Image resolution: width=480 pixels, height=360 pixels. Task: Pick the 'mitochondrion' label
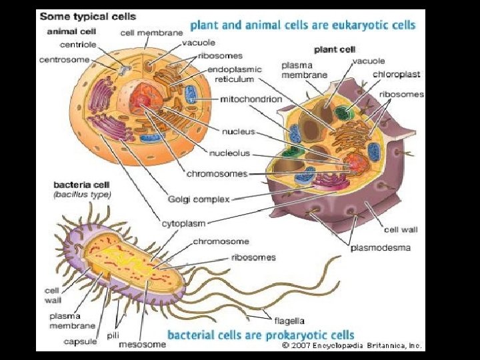[x=245, y=99]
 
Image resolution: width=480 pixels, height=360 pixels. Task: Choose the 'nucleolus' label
[x=230, y=153]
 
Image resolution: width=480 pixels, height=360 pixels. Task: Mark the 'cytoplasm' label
[x=187, y=223]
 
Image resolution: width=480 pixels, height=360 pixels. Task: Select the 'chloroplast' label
[x=396, y=74]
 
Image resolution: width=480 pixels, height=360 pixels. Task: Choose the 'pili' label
[x=113, y=335]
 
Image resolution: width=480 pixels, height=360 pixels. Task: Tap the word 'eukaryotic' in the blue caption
[x=350, y=25]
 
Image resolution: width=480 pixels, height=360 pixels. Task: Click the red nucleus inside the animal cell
[x=141, y=99]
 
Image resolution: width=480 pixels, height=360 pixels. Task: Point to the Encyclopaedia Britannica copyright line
[x=352, y=345]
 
